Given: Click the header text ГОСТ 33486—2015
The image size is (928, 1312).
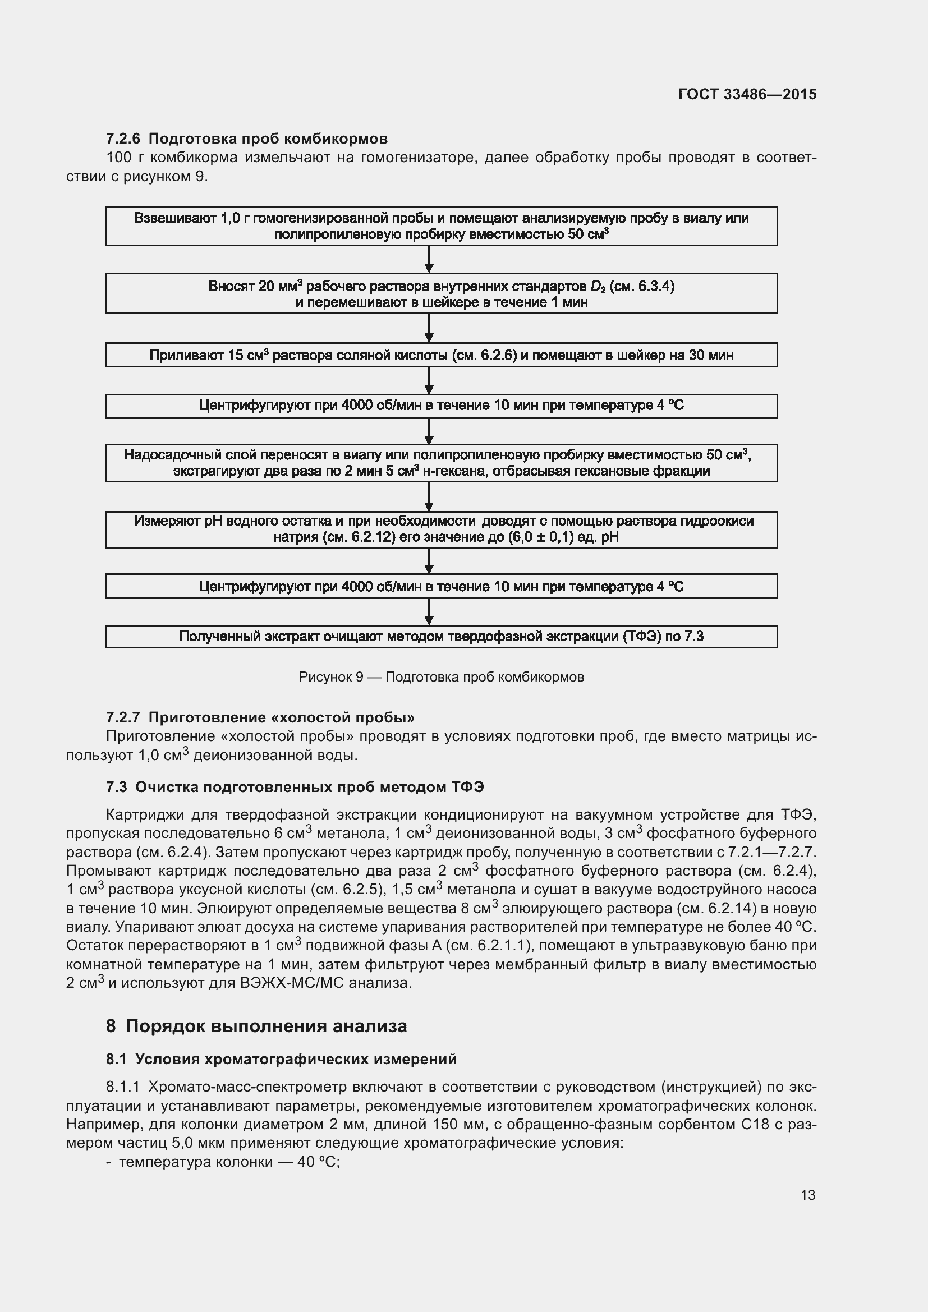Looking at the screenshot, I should [747, 94].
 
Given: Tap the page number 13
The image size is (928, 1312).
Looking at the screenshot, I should [807, 1195].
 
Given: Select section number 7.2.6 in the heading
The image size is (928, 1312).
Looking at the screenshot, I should [123, 139].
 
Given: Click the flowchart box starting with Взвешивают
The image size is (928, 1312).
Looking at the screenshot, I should [441, 226].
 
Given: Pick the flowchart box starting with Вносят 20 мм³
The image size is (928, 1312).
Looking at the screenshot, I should [441, 294].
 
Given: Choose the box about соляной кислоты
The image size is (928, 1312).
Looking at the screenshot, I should [441, 356].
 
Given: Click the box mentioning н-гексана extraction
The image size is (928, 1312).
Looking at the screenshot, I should [441, 463].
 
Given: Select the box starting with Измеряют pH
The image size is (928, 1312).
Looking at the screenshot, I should [441, 529].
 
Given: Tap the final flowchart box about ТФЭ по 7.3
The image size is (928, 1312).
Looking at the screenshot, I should [441, 637].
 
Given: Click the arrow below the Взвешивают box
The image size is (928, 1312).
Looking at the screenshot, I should [429, 260].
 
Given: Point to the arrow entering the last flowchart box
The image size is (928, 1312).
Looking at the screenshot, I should [429, 613].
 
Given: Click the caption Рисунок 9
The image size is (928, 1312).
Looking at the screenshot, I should [441, 677].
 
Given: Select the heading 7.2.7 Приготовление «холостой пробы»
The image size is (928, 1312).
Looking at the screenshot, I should [260, 717].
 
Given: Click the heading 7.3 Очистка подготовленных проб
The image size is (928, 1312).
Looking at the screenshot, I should [295, 787].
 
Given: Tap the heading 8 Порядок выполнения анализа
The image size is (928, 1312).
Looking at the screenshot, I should [256, 1026].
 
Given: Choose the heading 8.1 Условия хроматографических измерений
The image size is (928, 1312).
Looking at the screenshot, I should [281, 1059].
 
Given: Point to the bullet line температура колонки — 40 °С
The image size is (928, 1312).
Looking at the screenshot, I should [228, 1162].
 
